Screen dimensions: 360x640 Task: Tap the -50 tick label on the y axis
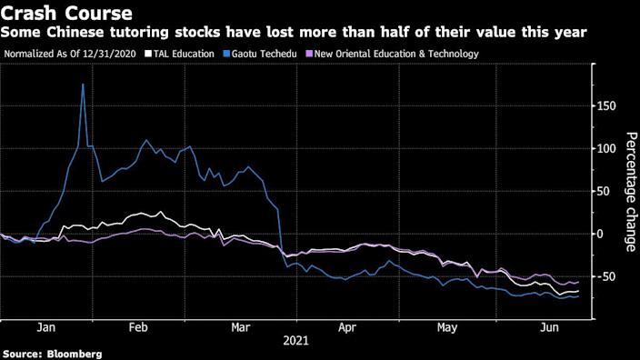tap(609, 276)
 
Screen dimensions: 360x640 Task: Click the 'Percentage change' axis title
tap(630, 191)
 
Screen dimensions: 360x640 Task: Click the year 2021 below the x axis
tap(295, 341)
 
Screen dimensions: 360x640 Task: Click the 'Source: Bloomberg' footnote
tap(52, 353)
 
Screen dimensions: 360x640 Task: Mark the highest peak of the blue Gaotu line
tap(83, 85)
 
